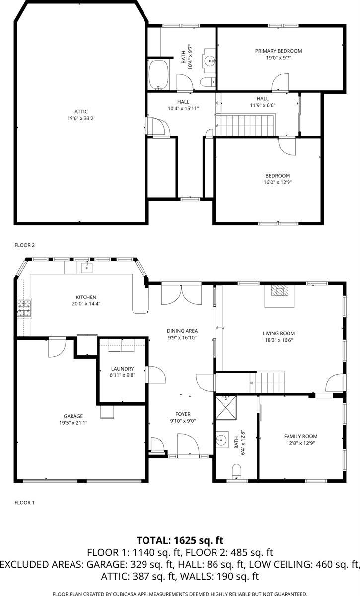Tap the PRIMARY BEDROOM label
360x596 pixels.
(279, 51)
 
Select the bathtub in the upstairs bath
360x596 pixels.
(159, 75)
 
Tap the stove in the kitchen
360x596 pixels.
(23, 307)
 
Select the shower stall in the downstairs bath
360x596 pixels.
(226, 407)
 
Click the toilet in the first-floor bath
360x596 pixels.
(237, 470)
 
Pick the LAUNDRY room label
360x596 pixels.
(122, 369)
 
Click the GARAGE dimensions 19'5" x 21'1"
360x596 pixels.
(73, 423)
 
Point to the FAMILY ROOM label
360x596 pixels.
(300, 436)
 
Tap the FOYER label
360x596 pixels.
(183, 414)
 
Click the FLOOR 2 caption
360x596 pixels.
(25, 245)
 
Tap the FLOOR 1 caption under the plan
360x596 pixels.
(25, 503)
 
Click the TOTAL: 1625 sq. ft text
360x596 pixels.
(180, 540)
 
